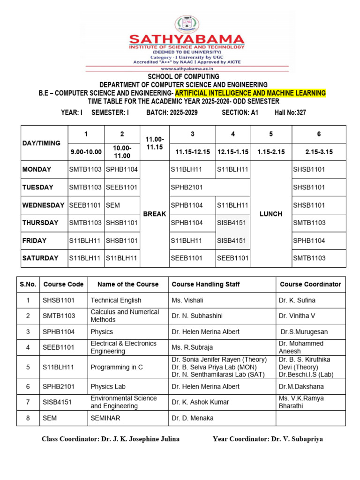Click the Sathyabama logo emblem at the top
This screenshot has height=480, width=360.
click(187, 25)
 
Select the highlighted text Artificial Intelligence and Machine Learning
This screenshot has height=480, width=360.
click(250, 93)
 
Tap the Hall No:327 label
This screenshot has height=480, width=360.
click(290, 112)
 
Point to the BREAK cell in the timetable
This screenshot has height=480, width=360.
click(155, 214)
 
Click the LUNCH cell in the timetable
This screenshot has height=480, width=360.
click(271, 214)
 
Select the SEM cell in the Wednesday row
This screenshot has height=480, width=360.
click(113, 205)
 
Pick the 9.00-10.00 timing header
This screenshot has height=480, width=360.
click(86, 152)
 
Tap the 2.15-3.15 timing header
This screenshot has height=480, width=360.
click(319, 152)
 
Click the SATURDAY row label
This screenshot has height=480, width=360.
click(40, 258)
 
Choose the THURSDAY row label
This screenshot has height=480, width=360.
click(40, 223)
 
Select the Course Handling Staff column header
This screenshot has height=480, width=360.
click(206, 284)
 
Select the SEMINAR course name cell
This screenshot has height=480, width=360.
click(105, 418)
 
